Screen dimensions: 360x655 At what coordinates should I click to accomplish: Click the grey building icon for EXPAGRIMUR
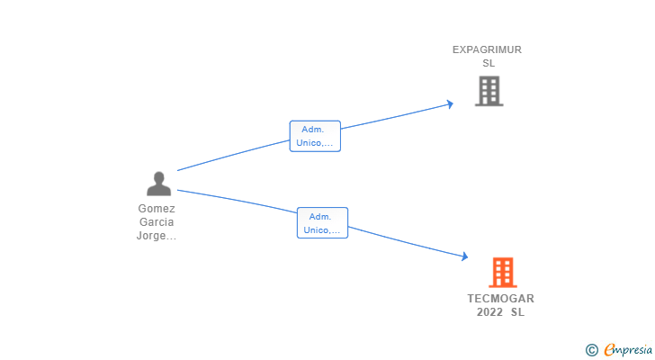pos(489,91)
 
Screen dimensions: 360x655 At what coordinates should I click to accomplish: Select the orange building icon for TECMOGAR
pos(502,272)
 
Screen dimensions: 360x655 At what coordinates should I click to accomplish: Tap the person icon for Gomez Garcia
pos(158,184)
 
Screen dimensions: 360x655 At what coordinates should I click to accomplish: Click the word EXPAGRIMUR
pos(487,50)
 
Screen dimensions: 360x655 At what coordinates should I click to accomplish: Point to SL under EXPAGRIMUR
pos(489,63)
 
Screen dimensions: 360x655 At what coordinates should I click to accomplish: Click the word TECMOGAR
pos(500,299)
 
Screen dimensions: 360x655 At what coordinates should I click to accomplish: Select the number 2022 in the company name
pos(490,312)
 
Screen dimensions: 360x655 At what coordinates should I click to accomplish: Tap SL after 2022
pos(517,312)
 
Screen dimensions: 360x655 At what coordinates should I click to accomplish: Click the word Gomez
pos(157,208)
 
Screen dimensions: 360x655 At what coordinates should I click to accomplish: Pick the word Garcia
pos(157,221)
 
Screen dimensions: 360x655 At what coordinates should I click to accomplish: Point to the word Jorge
pos(153,236)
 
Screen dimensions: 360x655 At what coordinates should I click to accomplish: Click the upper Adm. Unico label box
pos(315,136)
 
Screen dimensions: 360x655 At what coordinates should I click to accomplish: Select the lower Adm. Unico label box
pos(322,223)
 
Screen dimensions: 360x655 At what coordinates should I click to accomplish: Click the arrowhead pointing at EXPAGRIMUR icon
pos(450,104)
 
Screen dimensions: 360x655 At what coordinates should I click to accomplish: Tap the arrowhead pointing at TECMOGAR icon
pos(464,257)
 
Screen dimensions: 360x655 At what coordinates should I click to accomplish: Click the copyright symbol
pos(591,349)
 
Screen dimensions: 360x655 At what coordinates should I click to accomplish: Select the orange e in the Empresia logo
pos(609,349)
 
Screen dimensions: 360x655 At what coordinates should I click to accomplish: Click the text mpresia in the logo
pos(632,350)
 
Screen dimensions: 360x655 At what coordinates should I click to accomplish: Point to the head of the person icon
pos(158,177)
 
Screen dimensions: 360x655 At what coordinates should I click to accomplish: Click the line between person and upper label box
pos(234,155)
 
